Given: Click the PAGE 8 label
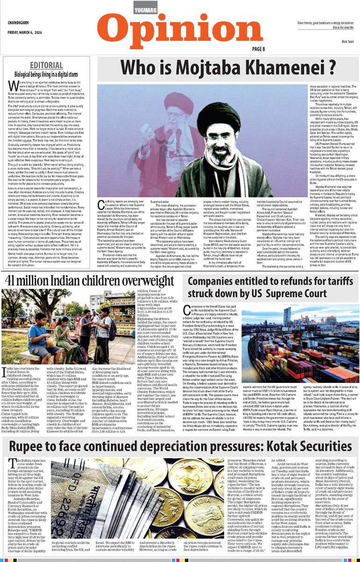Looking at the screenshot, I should (259, 49).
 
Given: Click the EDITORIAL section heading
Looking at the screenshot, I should (46, 65).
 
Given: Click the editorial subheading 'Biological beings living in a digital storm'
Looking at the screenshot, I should (46, 74).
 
